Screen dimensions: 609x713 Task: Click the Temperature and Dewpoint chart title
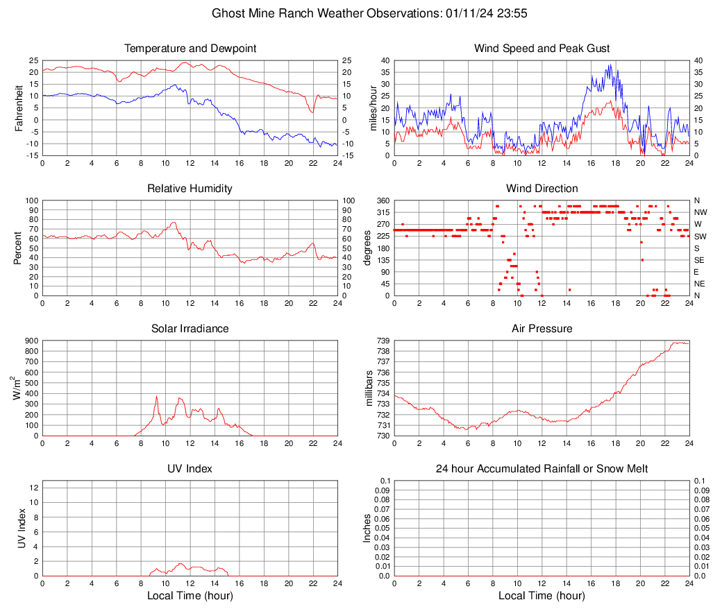pyautogui.click(x=190, y=49)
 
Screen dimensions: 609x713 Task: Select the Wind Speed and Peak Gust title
pyautogui.click(x=542, y=49)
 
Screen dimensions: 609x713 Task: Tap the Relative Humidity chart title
pyautogui.click(x=190, y=189)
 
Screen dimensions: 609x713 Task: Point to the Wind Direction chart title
pyautogui.click(x=542, y=189)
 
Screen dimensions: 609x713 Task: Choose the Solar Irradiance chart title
pyautogui.click(x=190, y=329)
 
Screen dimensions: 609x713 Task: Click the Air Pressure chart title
pyautogui.click(x=542, y=329)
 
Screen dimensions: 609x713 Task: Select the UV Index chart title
pyautogui.click(x=190, y=469)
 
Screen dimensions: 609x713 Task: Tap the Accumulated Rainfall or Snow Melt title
pyautogui.click(x=542, y=469)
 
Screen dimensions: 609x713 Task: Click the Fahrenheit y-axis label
pyautogui.click(x=19, y=108)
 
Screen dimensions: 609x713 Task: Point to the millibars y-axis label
pyautogui.click(x=370, y=388)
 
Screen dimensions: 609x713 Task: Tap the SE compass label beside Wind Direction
pyautogui.click(x=699, y=260)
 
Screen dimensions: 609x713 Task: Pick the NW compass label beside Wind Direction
pyautogui.click(x=701, y=212)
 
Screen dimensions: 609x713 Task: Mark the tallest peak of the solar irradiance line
pyautogui.click(x=157, y=397)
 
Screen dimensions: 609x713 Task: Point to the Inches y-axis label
pyautogui.click(x=368, y=529)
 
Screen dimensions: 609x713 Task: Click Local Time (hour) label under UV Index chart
pyautogui.click(x=190, y=596)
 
